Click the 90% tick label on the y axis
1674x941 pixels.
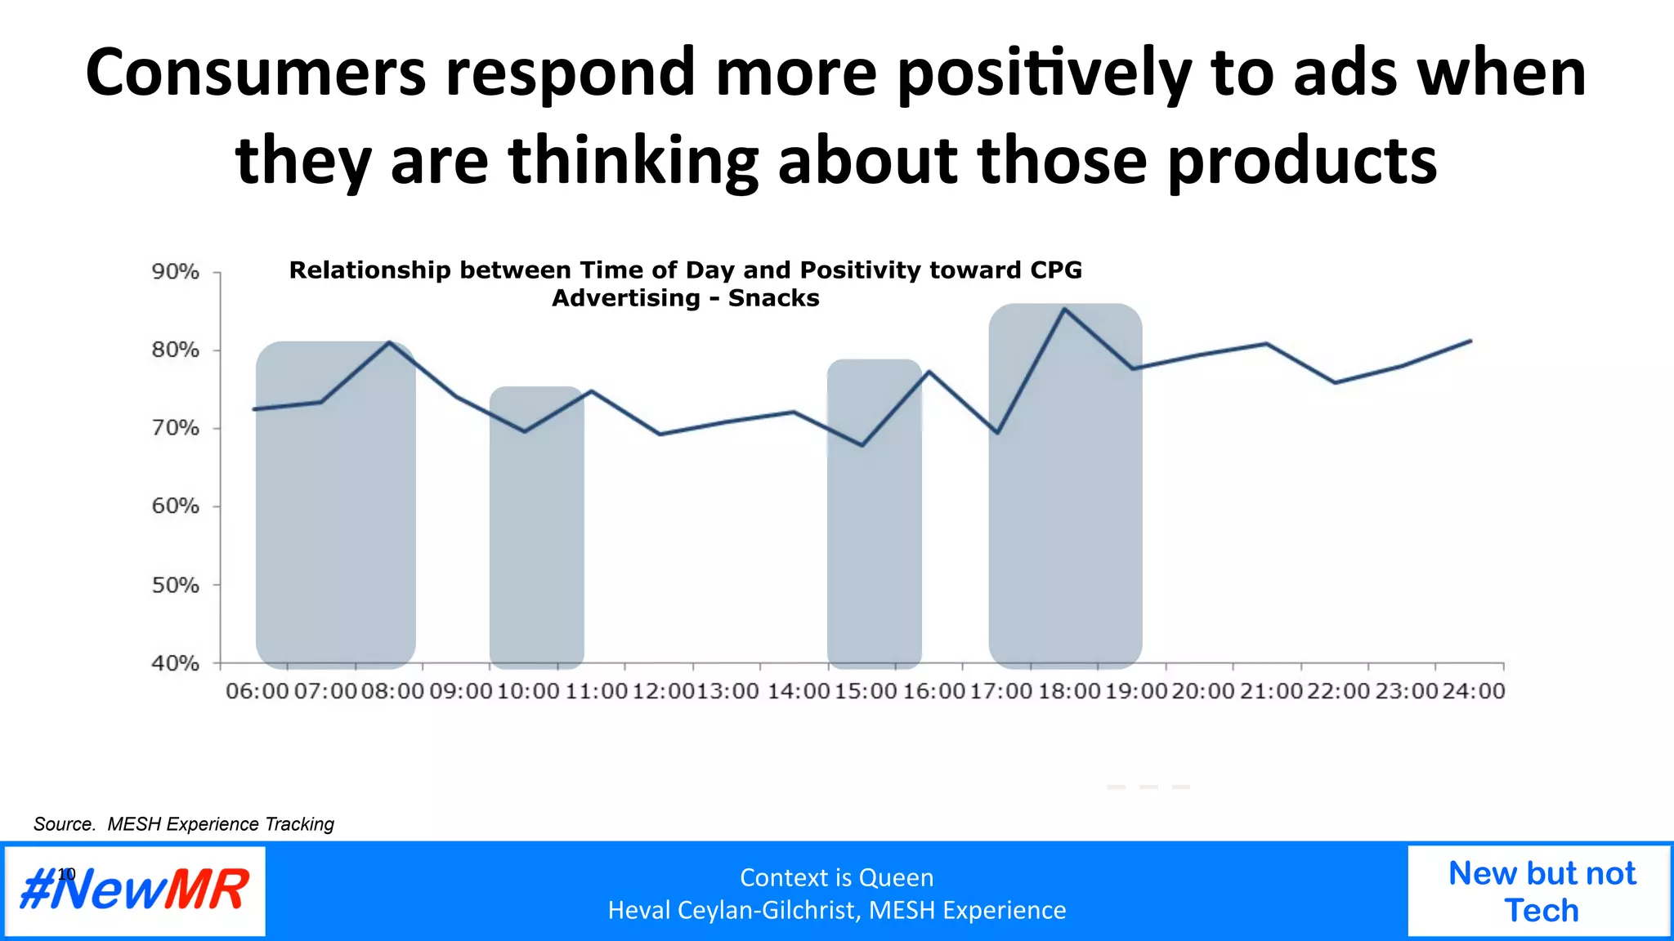click(175, 271)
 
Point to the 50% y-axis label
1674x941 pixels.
click(175, 585)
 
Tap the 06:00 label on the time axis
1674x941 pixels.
click(257, 691)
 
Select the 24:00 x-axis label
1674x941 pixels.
click(1474, 691)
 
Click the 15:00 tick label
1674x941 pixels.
click(866, 691)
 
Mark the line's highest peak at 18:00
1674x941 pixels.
click(1064, 309)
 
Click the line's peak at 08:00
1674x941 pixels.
click(389, 342)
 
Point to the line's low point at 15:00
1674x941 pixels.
click(862, 445)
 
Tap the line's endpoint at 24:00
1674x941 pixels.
click(1471, 341)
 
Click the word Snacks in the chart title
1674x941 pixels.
click(773, 298)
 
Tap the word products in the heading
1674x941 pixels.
click(1301, 160)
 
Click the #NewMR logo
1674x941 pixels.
click(135, 890)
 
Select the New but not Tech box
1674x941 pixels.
click(1541, 891)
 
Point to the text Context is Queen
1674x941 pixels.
click(836, 877)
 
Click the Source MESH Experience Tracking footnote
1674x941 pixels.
click(184, 824)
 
